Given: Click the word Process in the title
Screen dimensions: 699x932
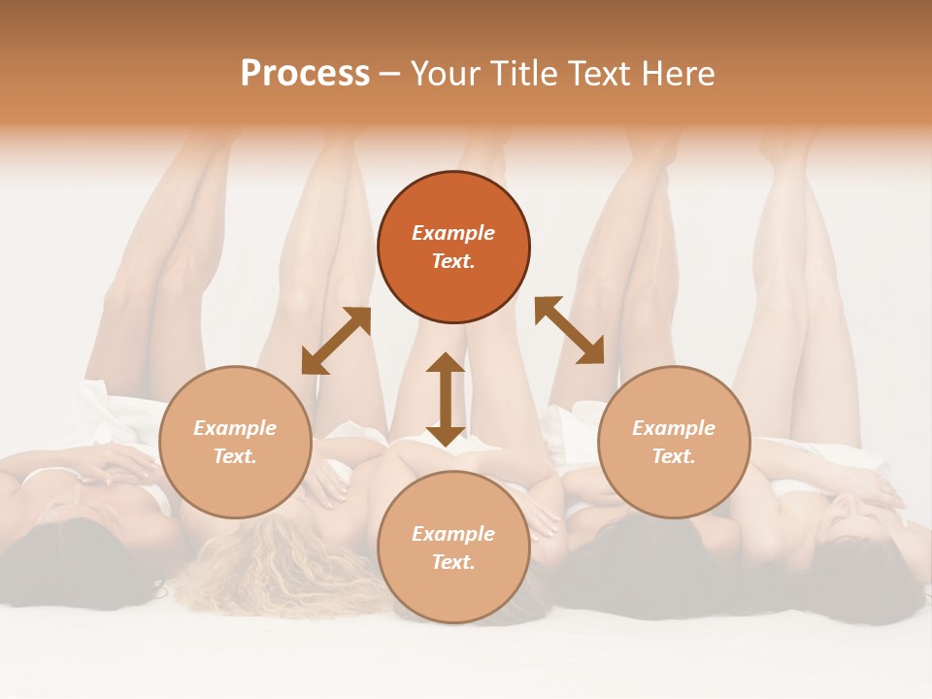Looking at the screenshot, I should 305,74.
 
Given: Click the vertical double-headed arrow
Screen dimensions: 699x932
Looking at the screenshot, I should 446,399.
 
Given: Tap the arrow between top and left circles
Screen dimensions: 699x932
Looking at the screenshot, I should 336,341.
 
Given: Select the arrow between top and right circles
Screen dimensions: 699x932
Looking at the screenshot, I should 569,330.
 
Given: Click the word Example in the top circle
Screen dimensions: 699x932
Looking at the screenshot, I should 453,233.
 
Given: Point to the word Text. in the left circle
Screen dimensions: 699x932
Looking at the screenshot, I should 235,456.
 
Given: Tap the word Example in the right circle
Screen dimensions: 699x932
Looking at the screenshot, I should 674,428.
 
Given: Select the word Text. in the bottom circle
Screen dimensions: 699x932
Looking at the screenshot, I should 453,562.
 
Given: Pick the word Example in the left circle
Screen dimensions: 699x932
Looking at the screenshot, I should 235,428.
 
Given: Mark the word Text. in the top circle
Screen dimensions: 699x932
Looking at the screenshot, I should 453,261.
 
